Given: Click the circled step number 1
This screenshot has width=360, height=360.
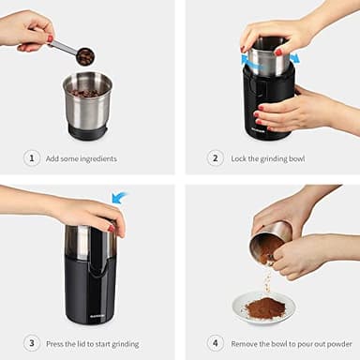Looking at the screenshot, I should pos(32,158).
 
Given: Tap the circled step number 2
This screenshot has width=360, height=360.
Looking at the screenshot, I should pos(216,158).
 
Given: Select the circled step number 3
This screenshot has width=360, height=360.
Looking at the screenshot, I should pos(32,342).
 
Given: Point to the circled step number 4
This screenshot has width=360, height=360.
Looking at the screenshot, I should pos(216,342).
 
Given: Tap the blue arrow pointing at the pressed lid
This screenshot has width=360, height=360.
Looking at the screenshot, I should pos(119,198).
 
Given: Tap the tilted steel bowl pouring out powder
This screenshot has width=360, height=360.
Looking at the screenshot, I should pos(269,243).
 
